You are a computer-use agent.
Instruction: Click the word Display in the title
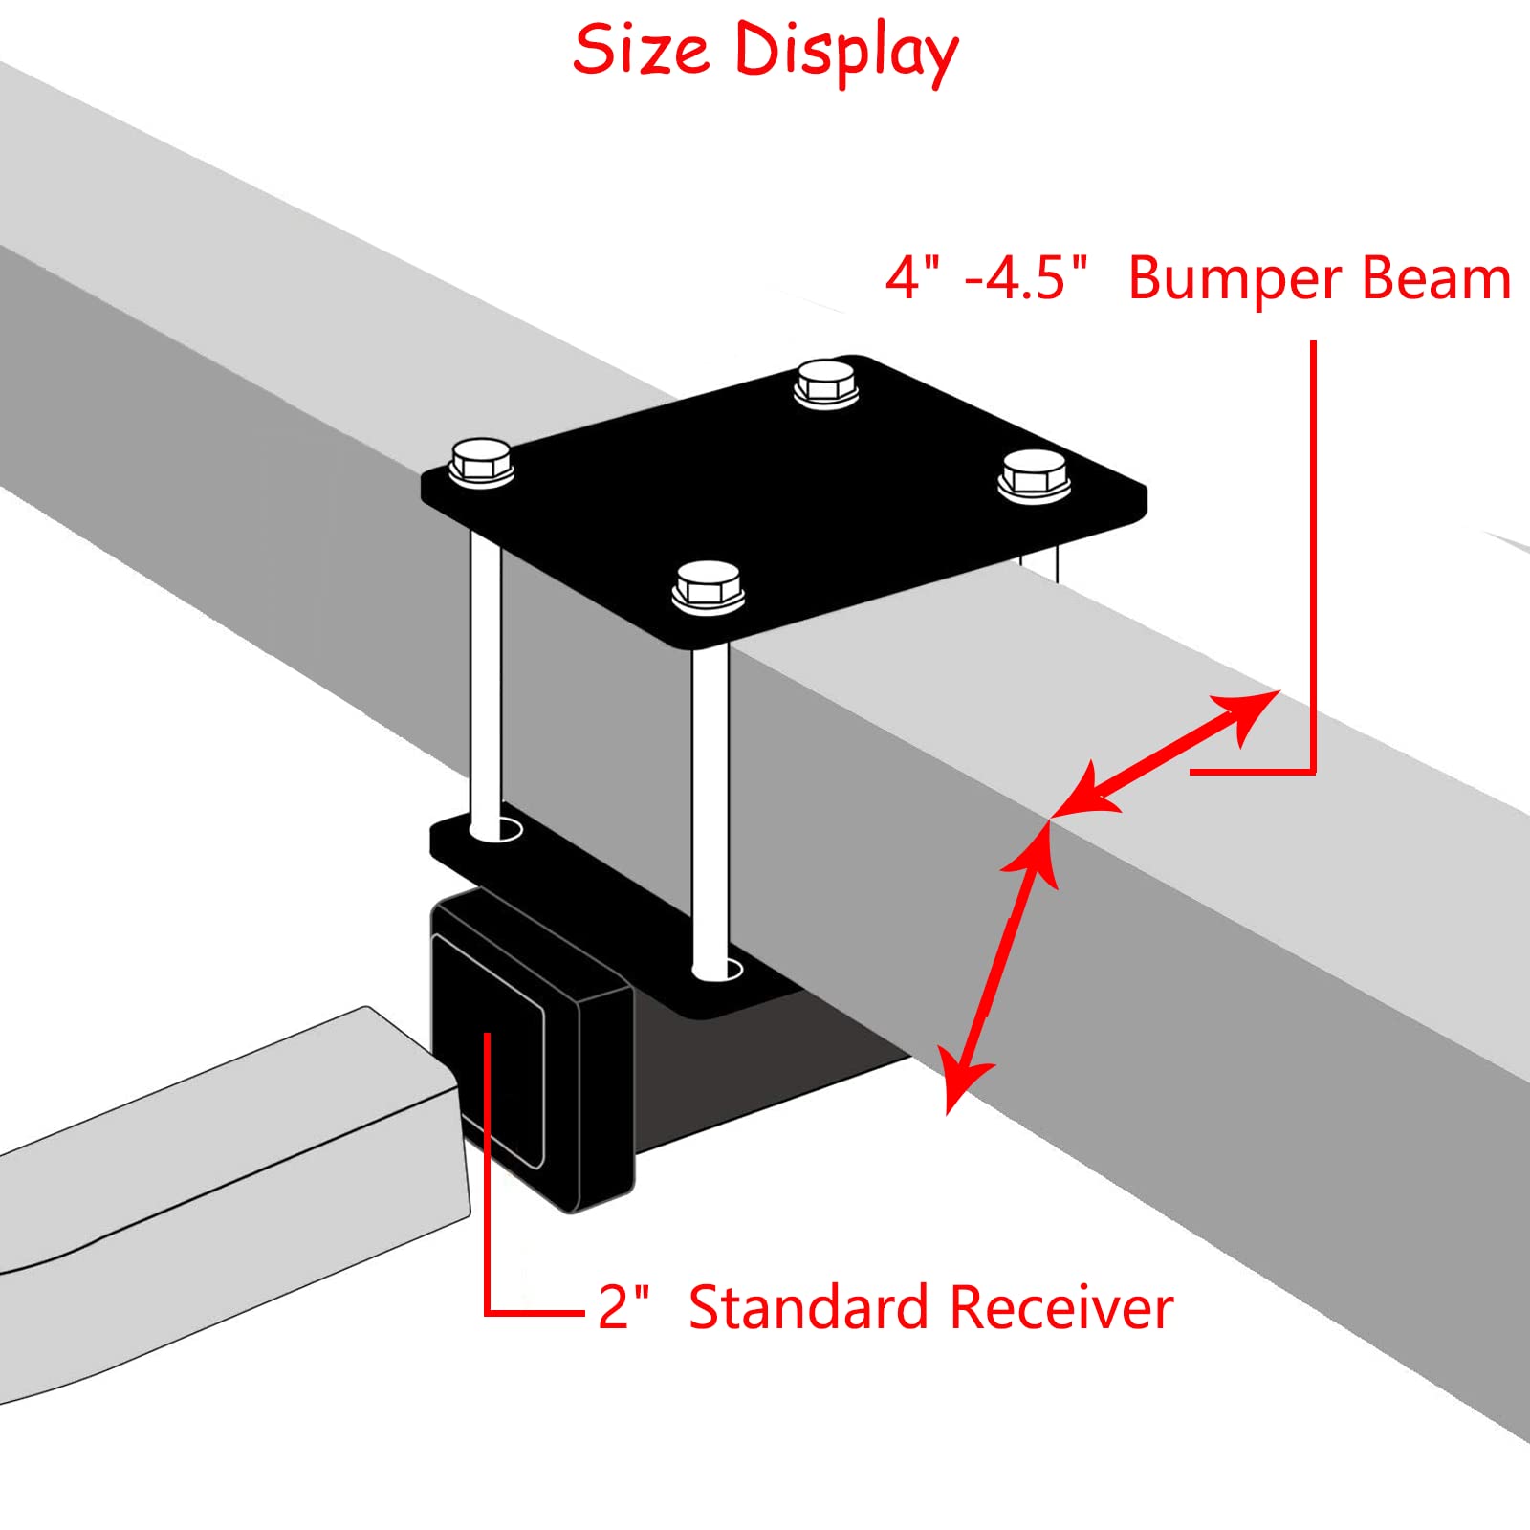coord(845,53)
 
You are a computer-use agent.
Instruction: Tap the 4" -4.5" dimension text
coord(986,278)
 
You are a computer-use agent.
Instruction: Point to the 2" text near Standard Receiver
coord(623,1307)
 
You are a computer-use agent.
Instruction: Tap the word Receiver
coord(1061,1307)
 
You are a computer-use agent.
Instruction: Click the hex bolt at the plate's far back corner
coord(826,382)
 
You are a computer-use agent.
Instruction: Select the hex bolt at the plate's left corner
coord(482,462)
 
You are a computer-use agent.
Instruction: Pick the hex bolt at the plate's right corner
coord(1034,473)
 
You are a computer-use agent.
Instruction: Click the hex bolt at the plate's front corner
coord(708,585)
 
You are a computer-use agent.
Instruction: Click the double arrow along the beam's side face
coord(1000,966)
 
